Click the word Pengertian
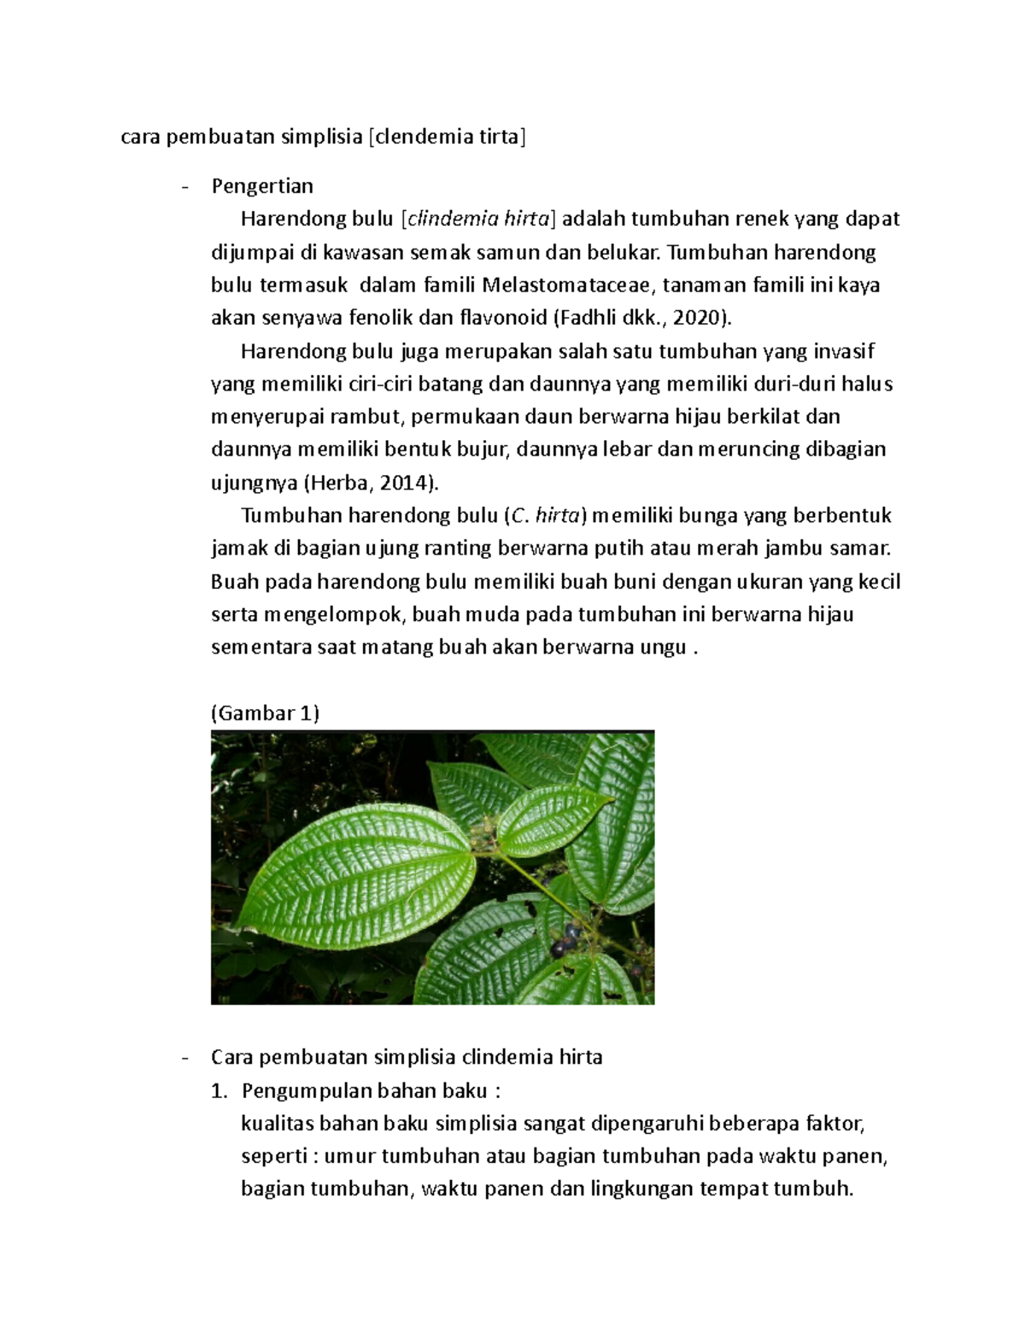(262, 186)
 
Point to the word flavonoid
(503, 319)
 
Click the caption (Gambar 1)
(265, 713)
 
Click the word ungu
(662, 648)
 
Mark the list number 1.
(219, 1091)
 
